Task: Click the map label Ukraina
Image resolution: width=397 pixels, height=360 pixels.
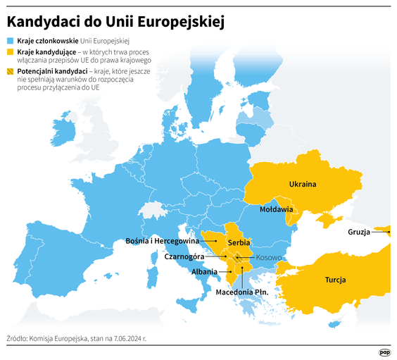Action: click(x=302, y=185)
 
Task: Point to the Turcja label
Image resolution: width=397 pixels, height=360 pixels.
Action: click(x=335, y=280)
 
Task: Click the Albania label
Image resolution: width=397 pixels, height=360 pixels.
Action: click(x=204, y=271)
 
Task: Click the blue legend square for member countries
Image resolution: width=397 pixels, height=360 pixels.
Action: click(x=10, y=42)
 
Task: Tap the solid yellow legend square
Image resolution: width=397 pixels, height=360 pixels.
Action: click(x=10, y=52)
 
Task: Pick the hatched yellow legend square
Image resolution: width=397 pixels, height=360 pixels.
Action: click(x=10, y=72)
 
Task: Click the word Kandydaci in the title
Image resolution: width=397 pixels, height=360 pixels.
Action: click(x=43, y=22)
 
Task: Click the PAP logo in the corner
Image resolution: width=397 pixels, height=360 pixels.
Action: click(x=384, y=352)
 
